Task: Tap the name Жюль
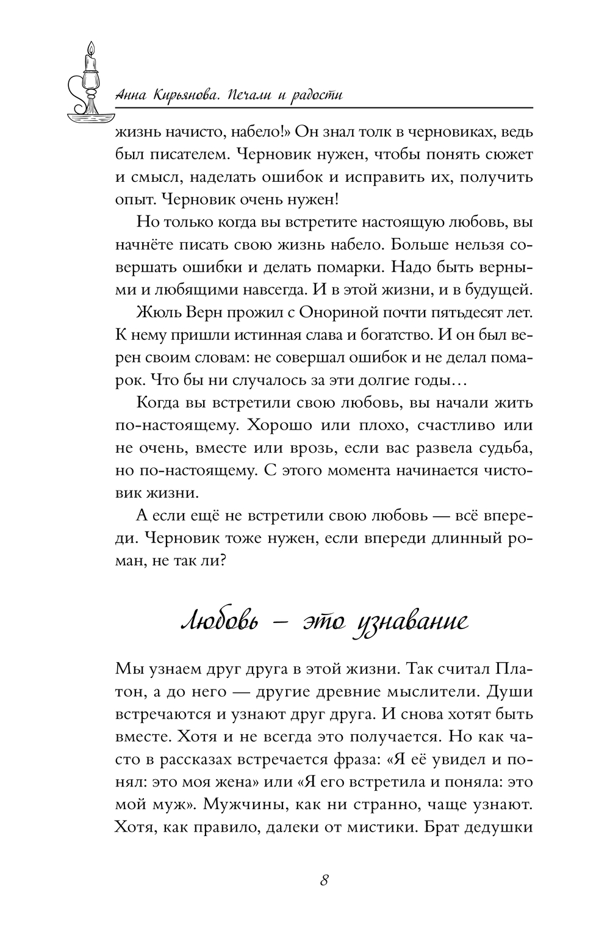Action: click(158, 314)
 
